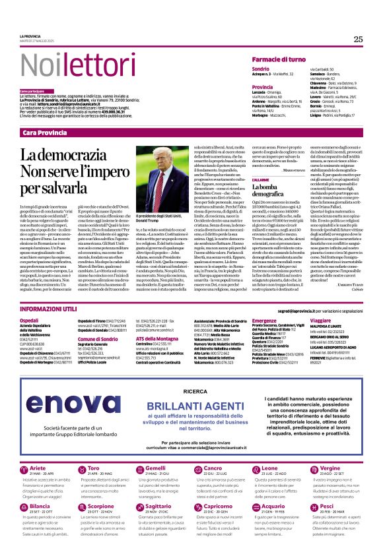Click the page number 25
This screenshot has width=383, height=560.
pos(358,39)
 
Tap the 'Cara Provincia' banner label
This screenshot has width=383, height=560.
pos(45,133)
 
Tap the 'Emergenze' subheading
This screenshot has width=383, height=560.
pos(265,319)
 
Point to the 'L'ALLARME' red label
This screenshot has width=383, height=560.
pos(260,179)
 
